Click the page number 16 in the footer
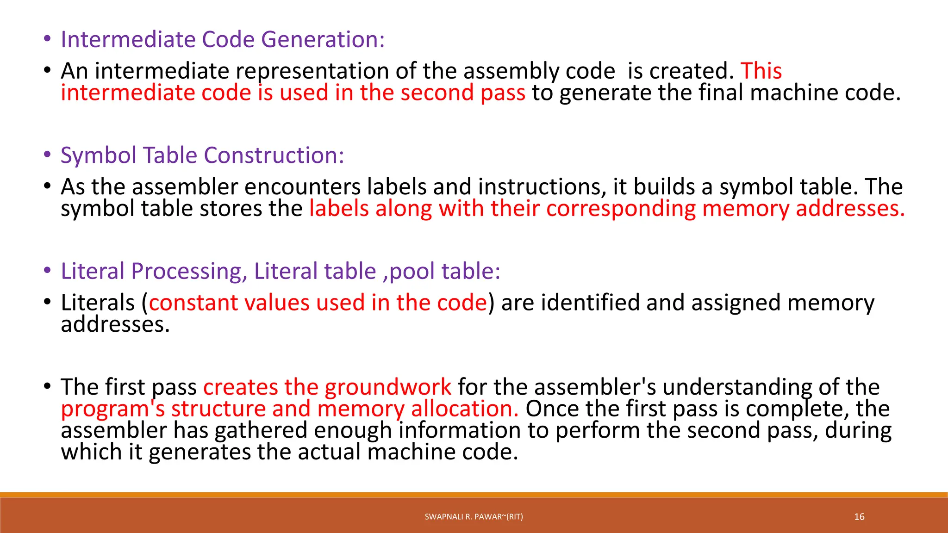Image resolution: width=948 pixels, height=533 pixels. click(859, 517)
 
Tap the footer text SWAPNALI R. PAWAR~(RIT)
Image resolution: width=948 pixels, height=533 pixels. click(474, 517)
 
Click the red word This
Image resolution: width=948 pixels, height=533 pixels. click(761, 71)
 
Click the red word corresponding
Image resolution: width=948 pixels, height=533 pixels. click(621, 209)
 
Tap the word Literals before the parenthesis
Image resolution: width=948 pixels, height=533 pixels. click(98, 303)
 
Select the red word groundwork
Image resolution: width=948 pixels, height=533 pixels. click(388, 387)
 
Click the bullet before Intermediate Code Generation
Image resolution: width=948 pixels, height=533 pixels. click(47, 39)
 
